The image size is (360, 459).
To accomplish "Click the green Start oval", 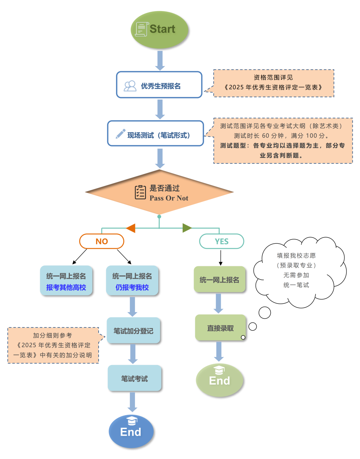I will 159,30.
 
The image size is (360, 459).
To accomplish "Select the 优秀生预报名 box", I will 159,85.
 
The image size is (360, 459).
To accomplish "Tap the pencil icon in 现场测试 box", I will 120,134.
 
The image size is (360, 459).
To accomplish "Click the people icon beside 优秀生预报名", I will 130,86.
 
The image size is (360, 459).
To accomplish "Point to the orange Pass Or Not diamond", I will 159,192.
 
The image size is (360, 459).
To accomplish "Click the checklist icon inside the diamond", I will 140,192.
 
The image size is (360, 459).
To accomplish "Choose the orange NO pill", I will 102,241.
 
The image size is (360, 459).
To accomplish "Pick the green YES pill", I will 221,241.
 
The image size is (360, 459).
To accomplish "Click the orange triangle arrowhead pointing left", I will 131,228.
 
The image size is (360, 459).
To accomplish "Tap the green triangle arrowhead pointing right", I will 187,228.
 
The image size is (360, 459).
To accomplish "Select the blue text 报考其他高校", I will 66,287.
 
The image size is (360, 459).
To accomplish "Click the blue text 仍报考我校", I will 132,287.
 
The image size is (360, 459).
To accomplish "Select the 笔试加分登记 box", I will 134,331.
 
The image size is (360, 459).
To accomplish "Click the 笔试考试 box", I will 134,378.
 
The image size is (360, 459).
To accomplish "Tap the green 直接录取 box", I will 220,328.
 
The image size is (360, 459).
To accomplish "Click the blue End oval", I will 131,431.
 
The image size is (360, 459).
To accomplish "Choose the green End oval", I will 219,380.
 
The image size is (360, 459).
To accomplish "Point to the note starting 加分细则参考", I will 53,345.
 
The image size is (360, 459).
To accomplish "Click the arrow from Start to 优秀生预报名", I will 160,60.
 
